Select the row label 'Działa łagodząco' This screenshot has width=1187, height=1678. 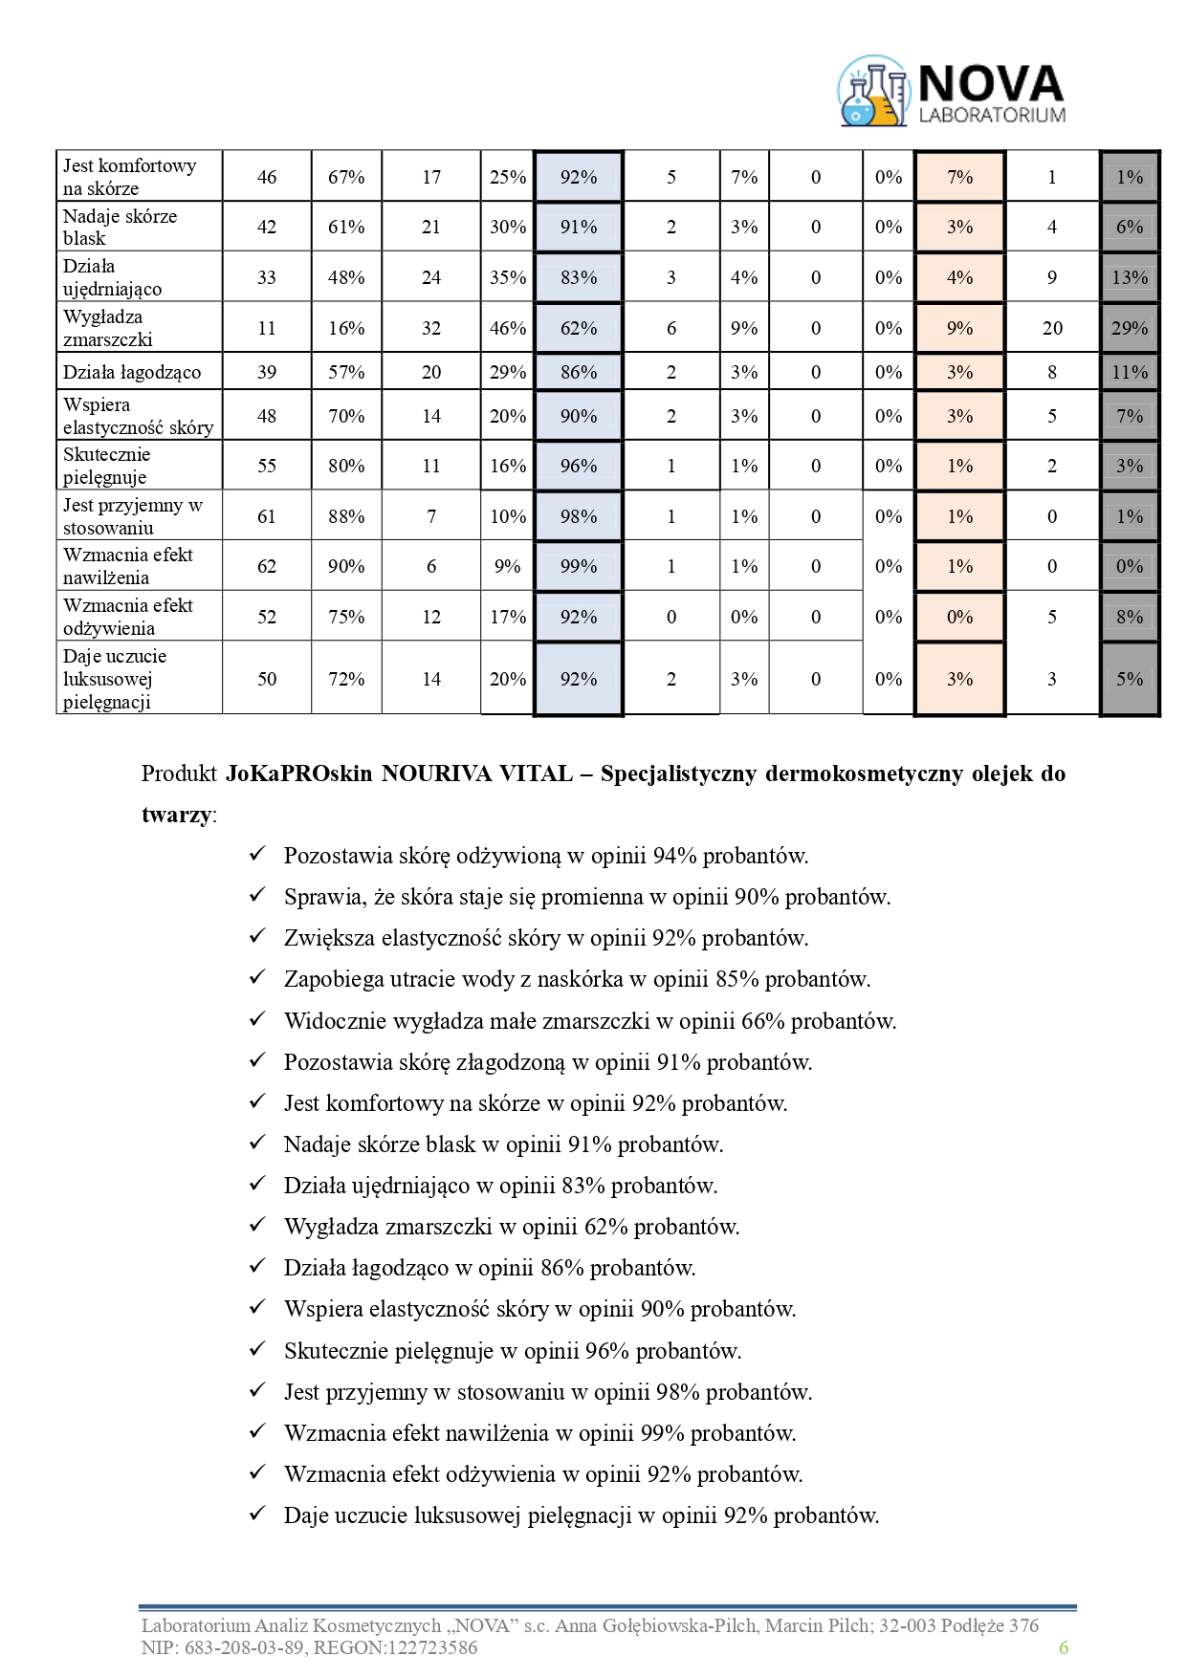tap(132, 372)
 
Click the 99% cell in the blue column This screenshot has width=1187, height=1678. tap(579, 566)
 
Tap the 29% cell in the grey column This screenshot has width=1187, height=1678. tap(1130, 328)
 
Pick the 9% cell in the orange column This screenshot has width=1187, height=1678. tap(959, 328)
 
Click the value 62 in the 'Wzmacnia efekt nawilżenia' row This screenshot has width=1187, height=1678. tap(267, 566)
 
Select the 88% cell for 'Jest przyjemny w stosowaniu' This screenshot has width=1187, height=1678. tap(346, 516)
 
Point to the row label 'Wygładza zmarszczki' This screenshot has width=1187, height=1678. tap(108, 328)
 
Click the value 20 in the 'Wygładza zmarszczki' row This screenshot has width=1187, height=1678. tap(1052, 328)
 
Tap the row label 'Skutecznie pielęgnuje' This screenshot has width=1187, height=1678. tap(107, 466)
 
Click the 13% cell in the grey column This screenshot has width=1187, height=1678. tap(1130, 277)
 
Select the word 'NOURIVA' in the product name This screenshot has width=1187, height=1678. tap(433, 774)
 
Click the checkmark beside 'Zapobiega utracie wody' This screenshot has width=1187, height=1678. tap(256, 978)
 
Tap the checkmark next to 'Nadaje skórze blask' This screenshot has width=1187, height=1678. tap(256, 1144)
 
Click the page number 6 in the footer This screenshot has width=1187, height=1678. tap(1063, 1647)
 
